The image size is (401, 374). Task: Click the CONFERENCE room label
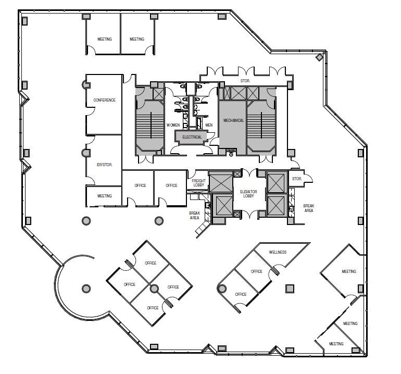(104, 100)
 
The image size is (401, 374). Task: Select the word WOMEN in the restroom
(173, 126)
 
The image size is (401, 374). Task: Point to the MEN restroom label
(209, 125)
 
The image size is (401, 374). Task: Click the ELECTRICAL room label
(192, 137)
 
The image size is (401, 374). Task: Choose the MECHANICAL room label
(233, 120)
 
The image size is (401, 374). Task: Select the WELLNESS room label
(278, 252)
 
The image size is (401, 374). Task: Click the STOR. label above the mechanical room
(245, 81)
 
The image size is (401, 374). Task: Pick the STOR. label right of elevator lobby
(297, 179)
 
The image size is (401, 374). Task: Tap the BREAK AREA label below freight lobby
(195, 215)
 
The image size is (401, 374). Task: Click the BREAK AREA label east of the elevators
(309, 208)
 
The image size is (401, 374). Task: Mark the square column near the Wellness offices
(290, 288)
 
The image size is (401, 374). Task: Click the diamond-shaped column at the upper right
(319, 57)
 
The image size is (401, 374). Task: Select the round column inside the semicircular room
(85, 288)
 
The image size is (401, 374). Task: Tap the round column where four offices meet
(153, 288)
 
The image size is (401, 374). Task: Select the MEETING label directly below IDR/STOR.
(105, 196)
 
